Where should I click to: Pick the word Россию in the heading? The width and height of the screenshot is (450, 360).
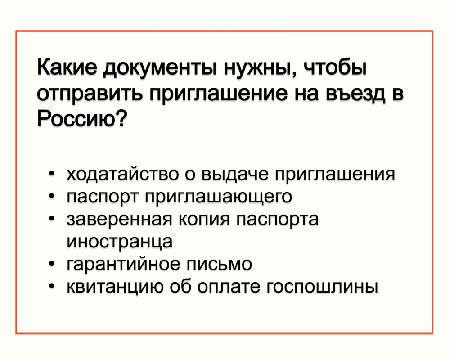pos(77,119)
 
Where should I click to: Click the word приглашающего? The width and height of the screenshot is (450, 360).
pos(219,198)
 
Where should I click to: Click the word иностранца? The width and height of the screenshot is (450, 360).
pos(120,242)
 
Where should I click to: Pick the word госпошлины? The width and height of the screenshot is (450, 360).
pos(322,287)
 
